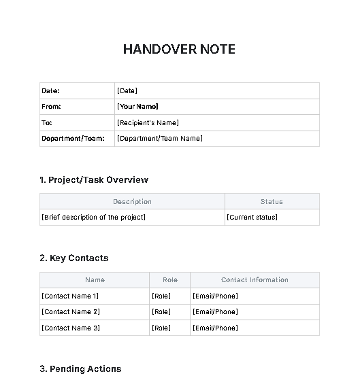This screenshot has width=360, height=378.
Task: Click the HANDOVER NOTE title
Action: [179, 50]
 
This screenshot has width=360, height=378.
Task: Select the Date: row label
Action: [50, 90]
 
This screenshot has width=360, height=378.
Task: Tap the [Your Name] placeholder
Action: [137, 107]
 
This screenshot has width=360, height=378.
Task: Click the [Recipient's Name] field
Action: [148, 123]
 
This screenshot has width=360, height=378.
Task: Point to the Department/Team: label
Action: [73, 139]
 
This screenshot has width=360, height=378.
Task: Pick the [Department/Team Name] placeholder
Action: [159, 139]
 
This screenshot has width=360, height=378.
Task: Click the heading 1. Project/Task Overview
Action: [94, 180]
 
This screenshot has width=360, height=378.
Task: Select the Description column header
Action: [132, 201]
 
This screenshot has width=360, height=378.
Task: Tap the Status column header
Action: [272, 201]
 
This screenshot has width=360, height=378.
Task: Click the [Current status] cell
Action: [252, 218]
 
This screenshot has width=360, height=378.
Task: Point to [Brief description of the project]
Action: [93, 218]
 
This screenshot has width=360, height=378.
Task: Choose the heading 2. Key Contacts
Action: [74, 258]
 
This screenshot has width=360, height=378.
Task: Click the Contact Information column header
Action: [255, 279]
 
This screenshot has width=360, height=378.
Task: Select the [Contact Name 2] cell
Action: [71, 312]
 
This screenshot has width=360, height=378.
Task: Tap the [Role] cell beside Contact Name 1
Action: [161, 296]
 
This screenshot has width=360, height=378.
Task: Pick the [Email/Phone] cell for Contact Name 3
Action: [215, 328]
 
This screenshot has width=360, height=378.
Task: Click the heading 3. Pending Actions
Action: [80, 369]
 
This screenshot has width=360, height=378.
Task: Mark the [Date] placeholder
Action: [127, 90]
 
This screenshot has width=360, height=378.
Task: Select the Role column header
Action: [169, 279]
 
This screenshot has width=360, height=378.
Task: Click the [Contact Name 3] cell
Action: [71, 328]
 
